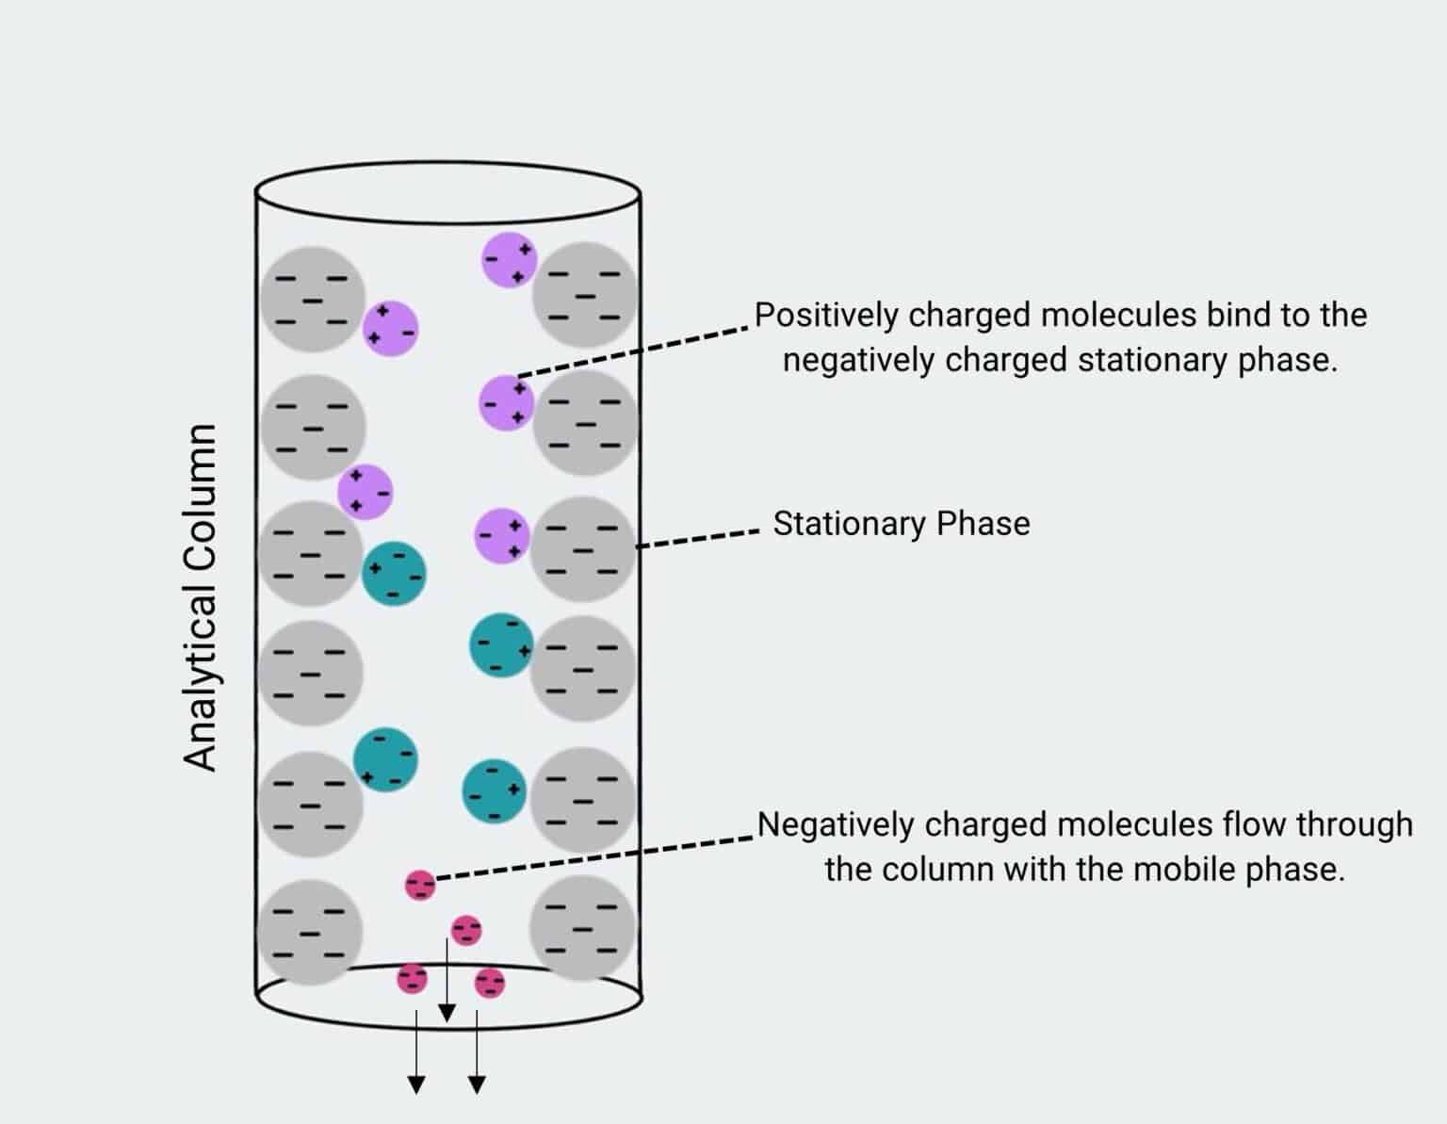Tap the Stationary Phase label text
pos(901,524)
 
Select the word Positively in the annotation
pos(826,315)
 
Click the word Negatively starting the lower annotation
pos(837,824)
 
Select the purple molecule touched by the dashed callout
pos(507,403)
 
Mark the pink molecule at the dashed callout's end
pos(420,886)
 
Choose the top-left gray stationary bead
pos(313,300)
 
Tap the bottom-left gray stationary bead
pos(310,932)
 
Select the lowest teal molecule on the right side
pos(495,790)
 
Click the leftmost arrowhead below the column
pos(415,1085)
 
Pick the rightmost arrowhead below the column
pos(477,1085)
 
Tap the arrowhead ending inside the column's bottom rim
pos(447,1013)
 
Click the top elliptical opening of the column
pos(448,192)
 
